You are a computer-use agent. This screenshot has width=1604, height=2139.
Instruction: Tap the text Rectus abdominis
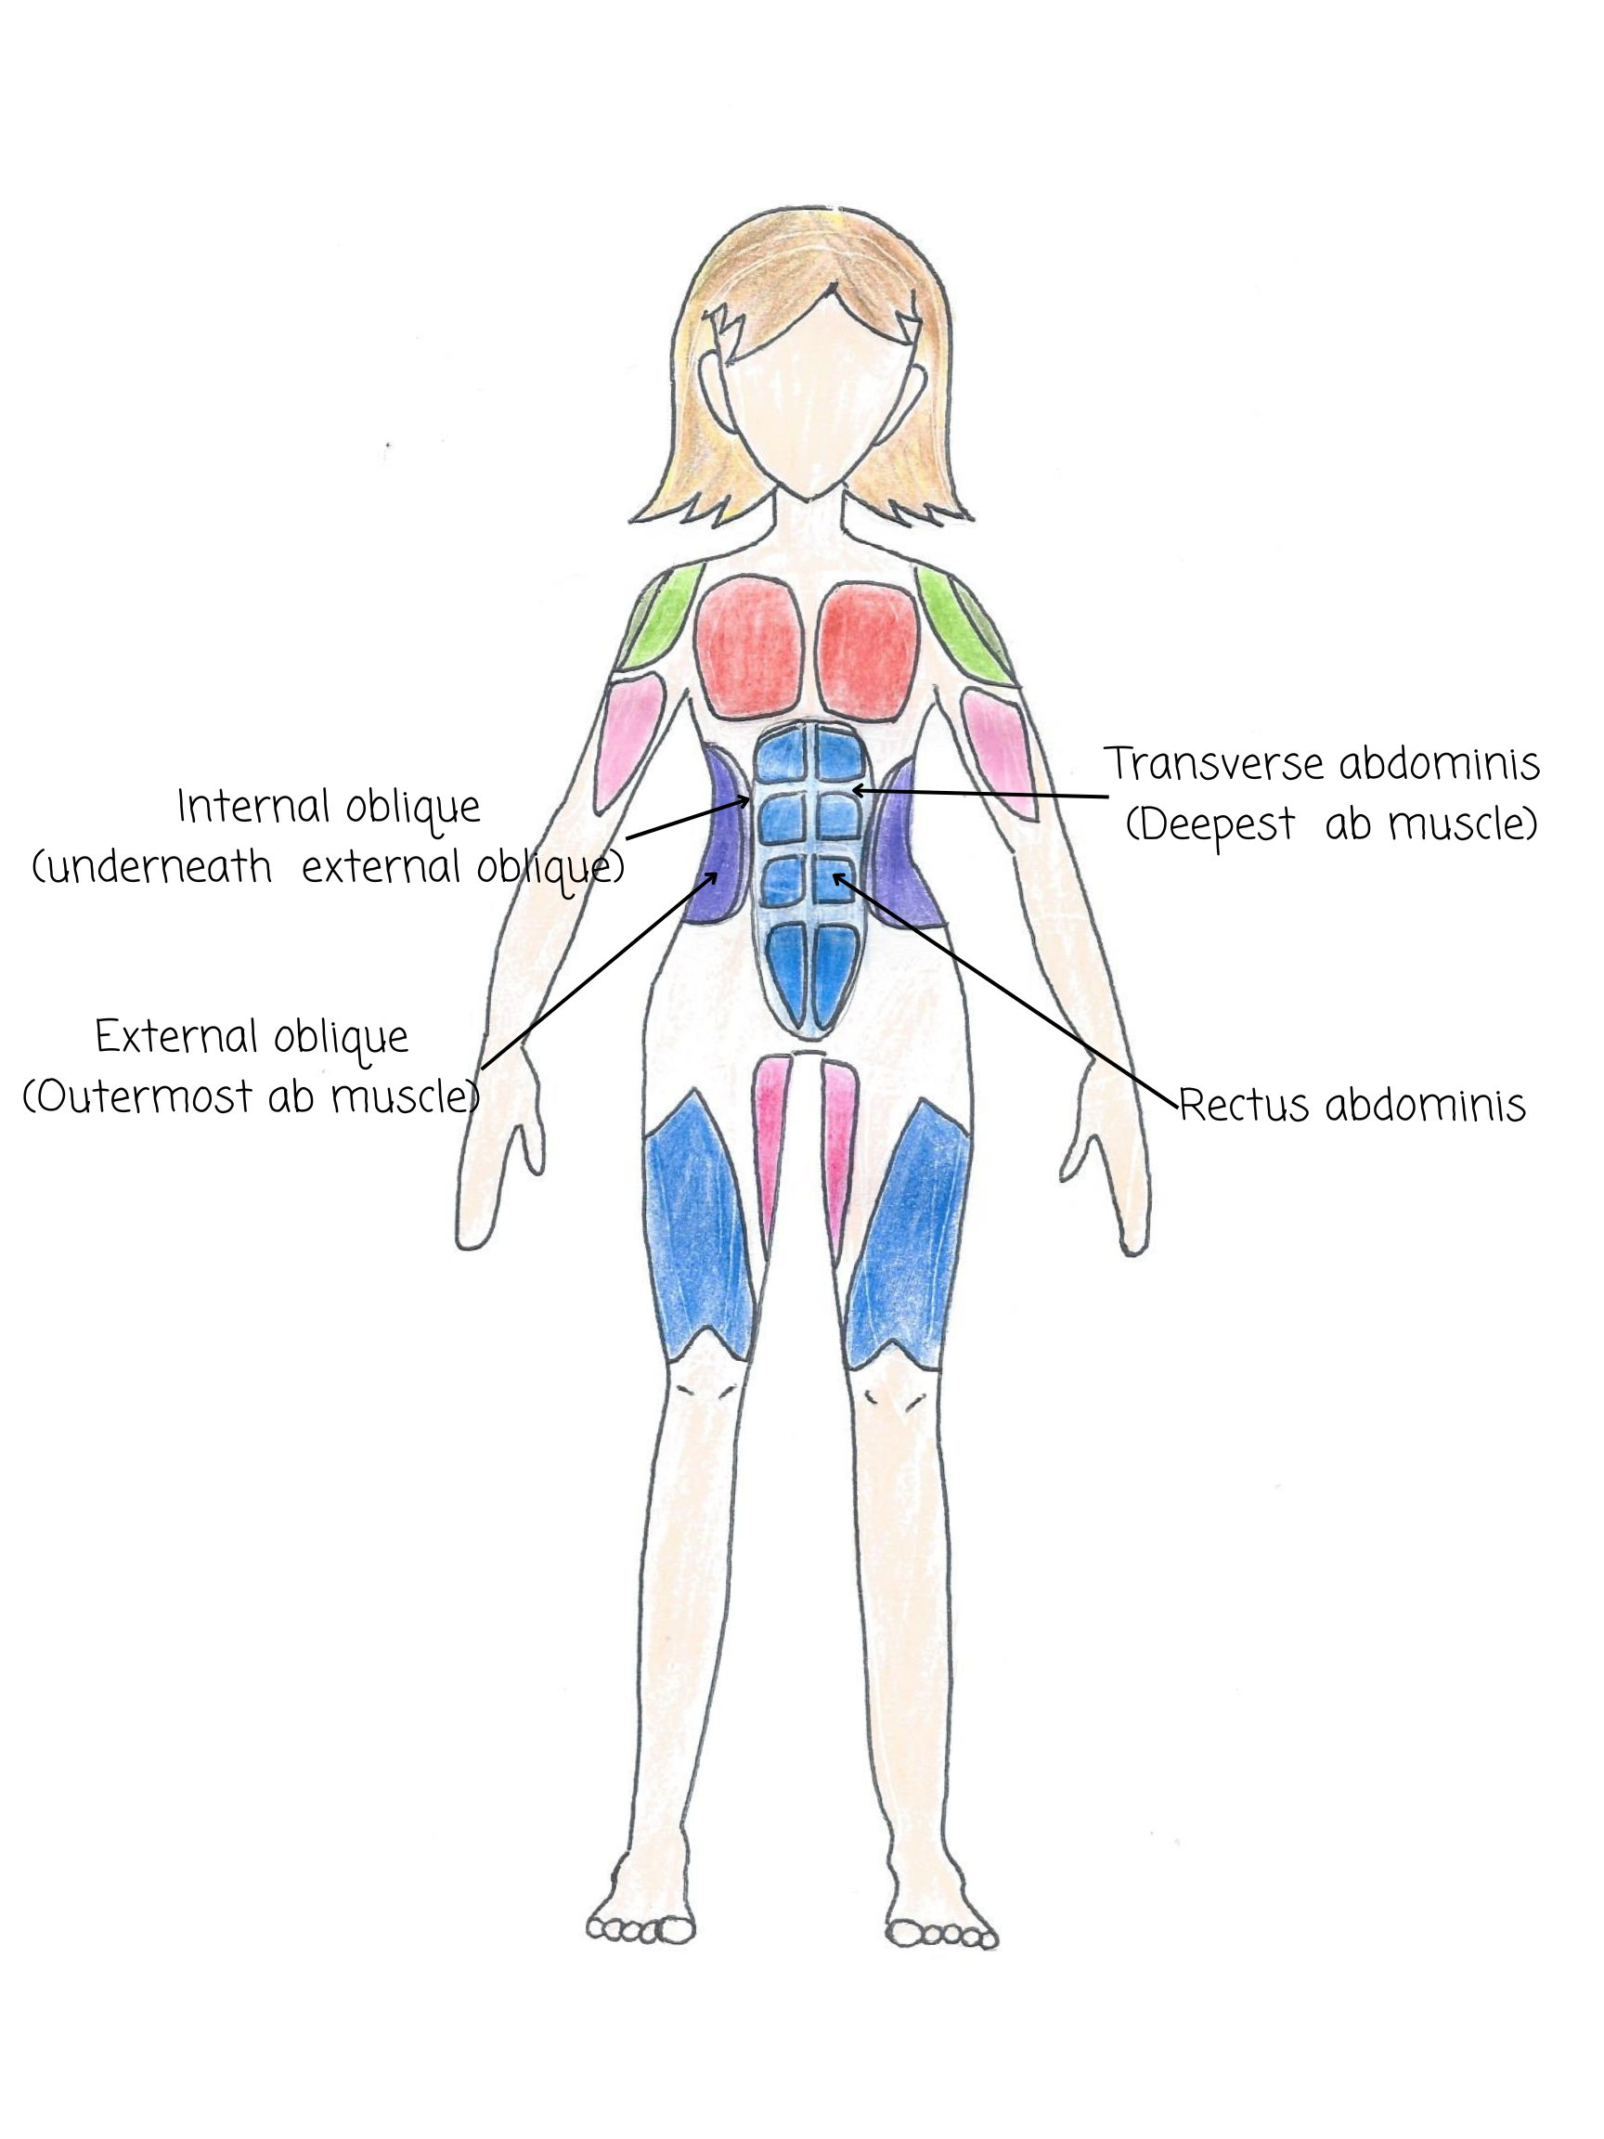tap(1352, 1104)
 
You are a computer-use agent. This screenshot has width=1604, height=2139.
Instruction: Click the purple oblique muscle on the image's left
tap(719, 839)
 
